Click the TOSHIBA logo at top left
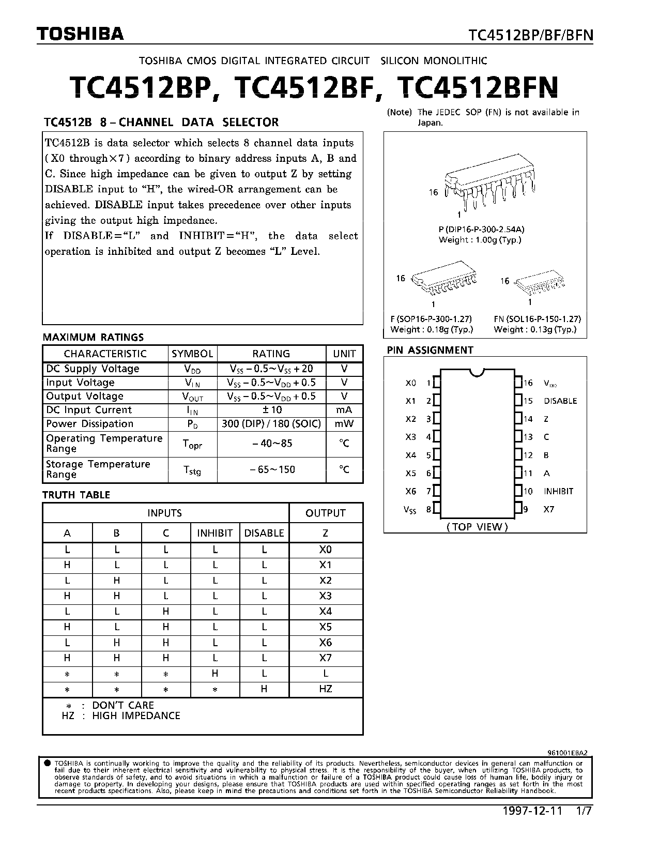point(80,34)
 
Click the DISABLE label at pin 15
point(560,401)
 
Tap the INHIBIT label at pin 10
point(558,492)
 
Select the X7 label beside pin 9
point(549,510)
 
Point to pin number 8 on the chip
point(428,510)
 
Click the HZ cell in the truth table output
point(326,689)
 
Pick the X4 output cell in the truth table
point(326,612)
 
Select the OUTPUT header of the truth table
point(326,513)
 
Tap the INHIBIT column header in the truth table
point(215,533)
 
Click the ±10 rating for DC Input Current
point(271,410)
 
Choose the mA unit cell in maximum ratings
point(344,410)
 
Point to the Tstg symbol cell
point(192,470)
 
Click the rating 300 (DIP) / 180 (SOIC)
point(271,424)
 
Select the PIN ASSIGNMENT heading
point(430,351)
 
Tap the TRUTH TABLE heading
point(76,495)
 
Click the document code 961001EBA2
point(567,754)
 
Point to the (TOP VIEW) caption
point(477,527)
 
